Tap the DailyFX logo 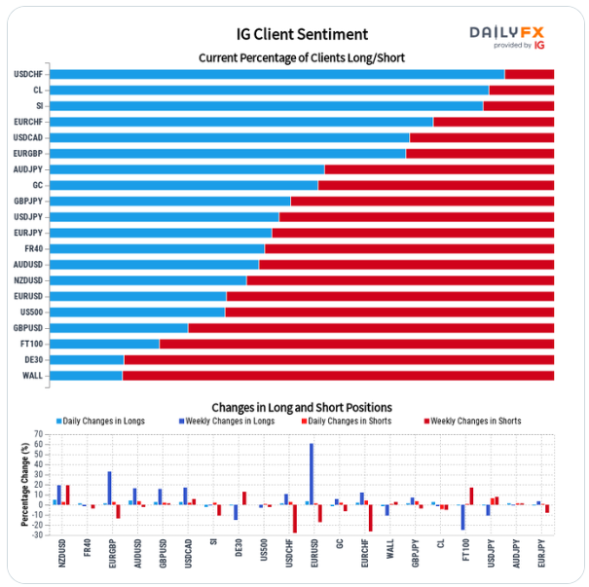(506, 37)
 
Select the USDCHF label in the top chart (27, 74)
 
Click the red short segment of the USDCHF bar (529, 74)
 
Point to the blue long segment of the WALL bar (85, 375)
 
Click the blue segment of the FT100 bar (104, 344)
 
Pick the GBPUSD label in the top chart (27, 328)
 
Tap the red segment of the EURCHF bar (494, 122)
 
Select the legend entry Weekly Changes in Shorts (475, 422)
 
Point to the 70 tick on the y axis (38, 434)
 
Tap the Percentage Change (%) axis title (24, 484)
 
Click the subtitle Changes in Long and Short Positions (302, 407)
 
